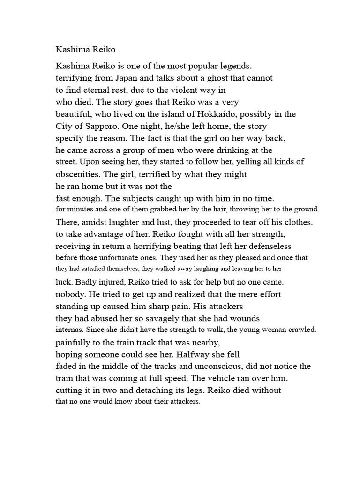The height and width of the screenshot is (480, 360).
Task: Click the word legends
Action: (x=235, y=66)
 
